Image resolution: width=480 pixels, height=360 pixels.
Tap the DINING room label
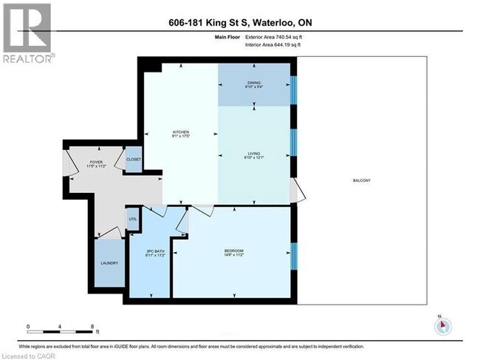253,83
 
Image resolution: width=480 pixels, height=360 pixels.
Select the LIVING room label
255,154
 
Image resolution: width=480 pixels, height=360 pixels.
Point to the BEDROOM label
233,252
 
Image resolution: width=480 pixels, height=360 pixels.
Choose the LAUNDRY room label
109,262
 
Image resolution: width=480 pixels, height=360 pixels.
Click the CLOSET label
134,159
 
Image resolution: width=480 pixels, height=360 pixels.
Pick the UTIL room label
133,219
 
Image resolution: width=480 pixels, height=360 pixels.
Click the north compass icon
441,325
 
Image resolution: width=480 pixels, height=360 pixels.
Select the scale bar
60,330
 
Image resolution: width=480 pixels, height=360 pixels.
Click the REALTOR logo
27,33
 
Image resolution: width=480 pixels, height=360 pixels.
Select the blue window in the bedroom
293,254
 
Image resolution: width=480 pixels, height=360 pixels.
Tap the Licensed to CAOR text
26,356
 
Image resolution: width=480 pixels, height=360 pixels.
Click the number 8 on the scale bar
91,325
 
